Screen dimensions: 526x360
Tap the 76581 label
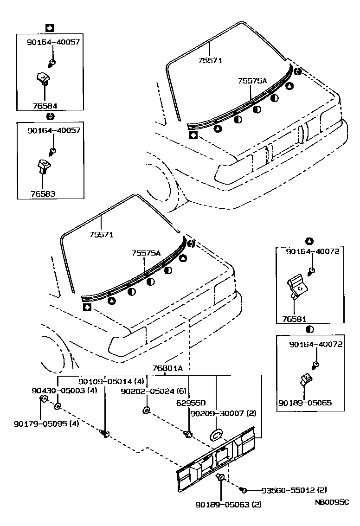[295, 320]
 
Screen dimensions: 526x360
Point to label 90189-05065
[305, 403]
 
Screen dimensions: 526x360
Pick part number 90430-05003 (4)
[64, 391]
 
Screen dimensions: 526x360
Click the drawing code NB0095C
[331, 503]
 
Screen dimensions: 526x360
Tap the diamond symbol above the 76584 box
[49, 27]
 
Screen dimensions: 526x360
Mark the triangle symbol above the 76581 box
[309, 241]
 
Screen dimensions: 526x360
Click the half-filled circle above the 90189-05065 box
[309, 329]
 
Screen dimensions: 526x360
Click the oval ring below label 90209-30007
[216, 435]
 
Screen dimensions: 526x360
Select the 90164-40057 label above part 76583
[53, 131]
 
